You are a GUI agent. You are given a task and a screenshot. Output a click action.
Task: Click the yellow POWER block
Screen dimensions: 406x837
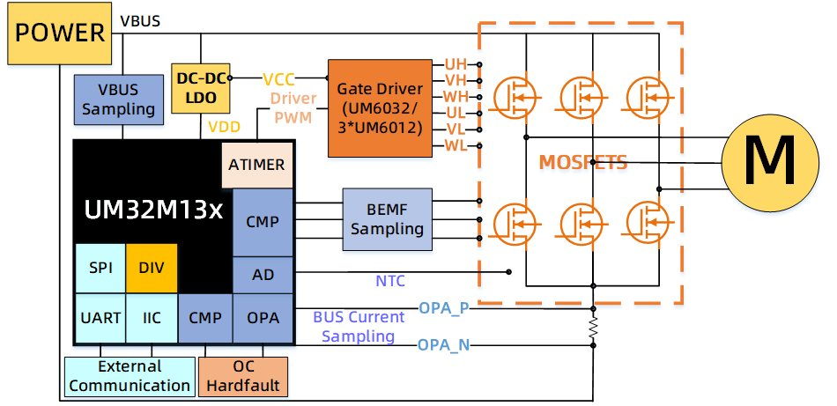(59, 33)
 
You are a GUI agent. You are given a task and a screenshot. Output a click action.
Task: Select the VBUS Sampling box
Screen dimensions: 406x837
(119, 99)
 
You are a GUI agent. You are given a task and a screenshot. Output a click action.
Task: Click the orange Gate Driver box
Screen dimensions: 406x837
(380, 108)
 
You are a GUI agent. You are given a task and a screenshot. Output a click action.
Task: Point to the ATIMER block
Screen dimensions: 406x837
(256, 165)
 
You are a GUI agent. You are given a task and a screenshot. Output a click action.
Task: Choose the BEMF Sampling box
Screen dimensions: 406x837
(388, 219)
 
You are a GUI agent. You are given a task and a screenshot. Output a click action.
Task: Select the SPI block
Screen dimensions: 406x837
(100, 268)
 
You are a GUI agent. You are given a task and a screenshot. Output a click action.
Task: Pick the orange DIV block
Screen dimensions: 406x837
(152, 268)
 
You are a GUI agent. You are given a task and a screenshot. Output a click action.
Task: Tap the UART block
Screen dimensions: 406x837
(100, 317)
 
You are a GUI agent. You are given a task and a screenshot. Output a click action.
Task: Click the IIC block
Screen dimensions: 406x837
(152, 317)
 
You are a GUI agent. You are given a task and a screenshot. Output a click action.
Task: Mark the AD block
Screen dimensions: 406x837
(263, 275)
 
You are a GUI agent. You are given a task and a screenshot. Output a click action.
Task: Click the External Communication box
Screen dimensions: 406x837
(130, 376)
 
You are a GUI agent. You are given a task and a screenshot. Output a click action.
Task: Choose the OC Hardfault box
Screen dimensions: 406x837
(243, 376)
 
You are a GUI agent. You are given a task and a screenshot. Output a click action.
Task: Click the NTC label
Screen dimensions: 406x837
(390, 282)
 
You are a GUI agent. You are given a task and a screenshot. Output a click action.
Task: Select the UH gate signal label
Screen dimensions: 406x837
(456, 64)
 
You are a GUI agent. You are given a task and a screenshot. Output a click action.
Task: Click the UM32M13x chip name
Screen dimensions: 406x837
(153, 210)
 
